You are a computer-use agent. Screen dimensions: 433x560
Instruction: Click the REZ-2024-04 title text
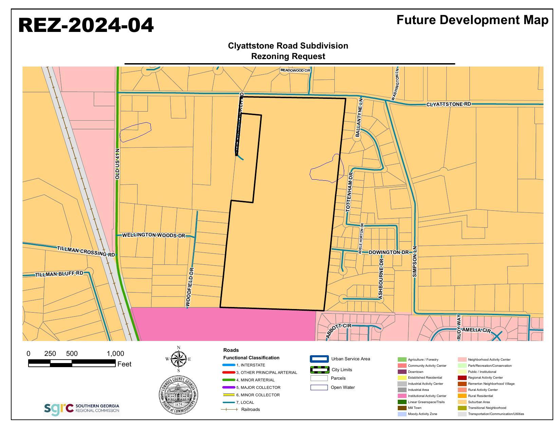86,25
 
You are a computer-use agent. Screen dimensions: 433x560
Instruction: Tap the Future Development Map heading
472,20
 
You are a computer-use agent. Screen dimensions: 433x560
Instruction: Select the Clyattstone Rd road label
448,104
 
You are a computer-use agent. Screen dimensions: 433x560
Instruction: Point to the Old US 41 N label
117,164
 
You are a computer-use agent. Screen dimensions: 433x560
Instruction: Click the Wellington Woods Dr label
153,235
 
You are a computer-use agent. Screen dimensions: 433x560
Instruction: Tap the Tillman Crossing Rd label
86,251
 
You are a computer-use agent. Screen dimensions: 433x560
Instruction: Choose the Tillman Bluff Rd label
59,274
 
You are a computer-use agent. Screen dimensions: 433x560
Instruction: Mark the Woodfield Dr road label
190,287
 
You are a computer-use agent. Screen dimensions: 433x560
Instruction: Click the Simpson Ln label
414,261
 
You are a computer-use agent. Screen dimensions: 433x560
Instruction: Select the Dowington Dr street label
389,252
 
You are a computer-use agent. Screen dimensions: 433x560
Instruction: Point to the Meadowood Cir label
295,70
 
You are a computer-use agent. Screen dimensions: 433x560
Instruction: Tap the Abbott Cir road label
338,330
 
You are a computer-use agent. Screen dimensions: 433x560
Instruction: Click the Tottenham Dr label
349,192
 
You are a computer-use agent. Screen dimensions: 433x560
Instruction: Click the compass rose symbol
179,359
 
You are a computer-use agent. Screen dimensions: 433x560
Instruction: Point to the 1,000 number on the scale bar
115,354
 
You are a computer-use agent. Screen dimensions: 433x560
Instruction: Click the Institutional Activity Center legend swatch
402,396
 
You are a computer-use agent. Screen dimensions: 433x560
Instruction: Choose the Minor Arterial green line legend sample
229,380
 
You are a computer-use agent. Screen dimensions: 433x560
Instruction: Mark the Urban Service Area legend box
319,359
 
